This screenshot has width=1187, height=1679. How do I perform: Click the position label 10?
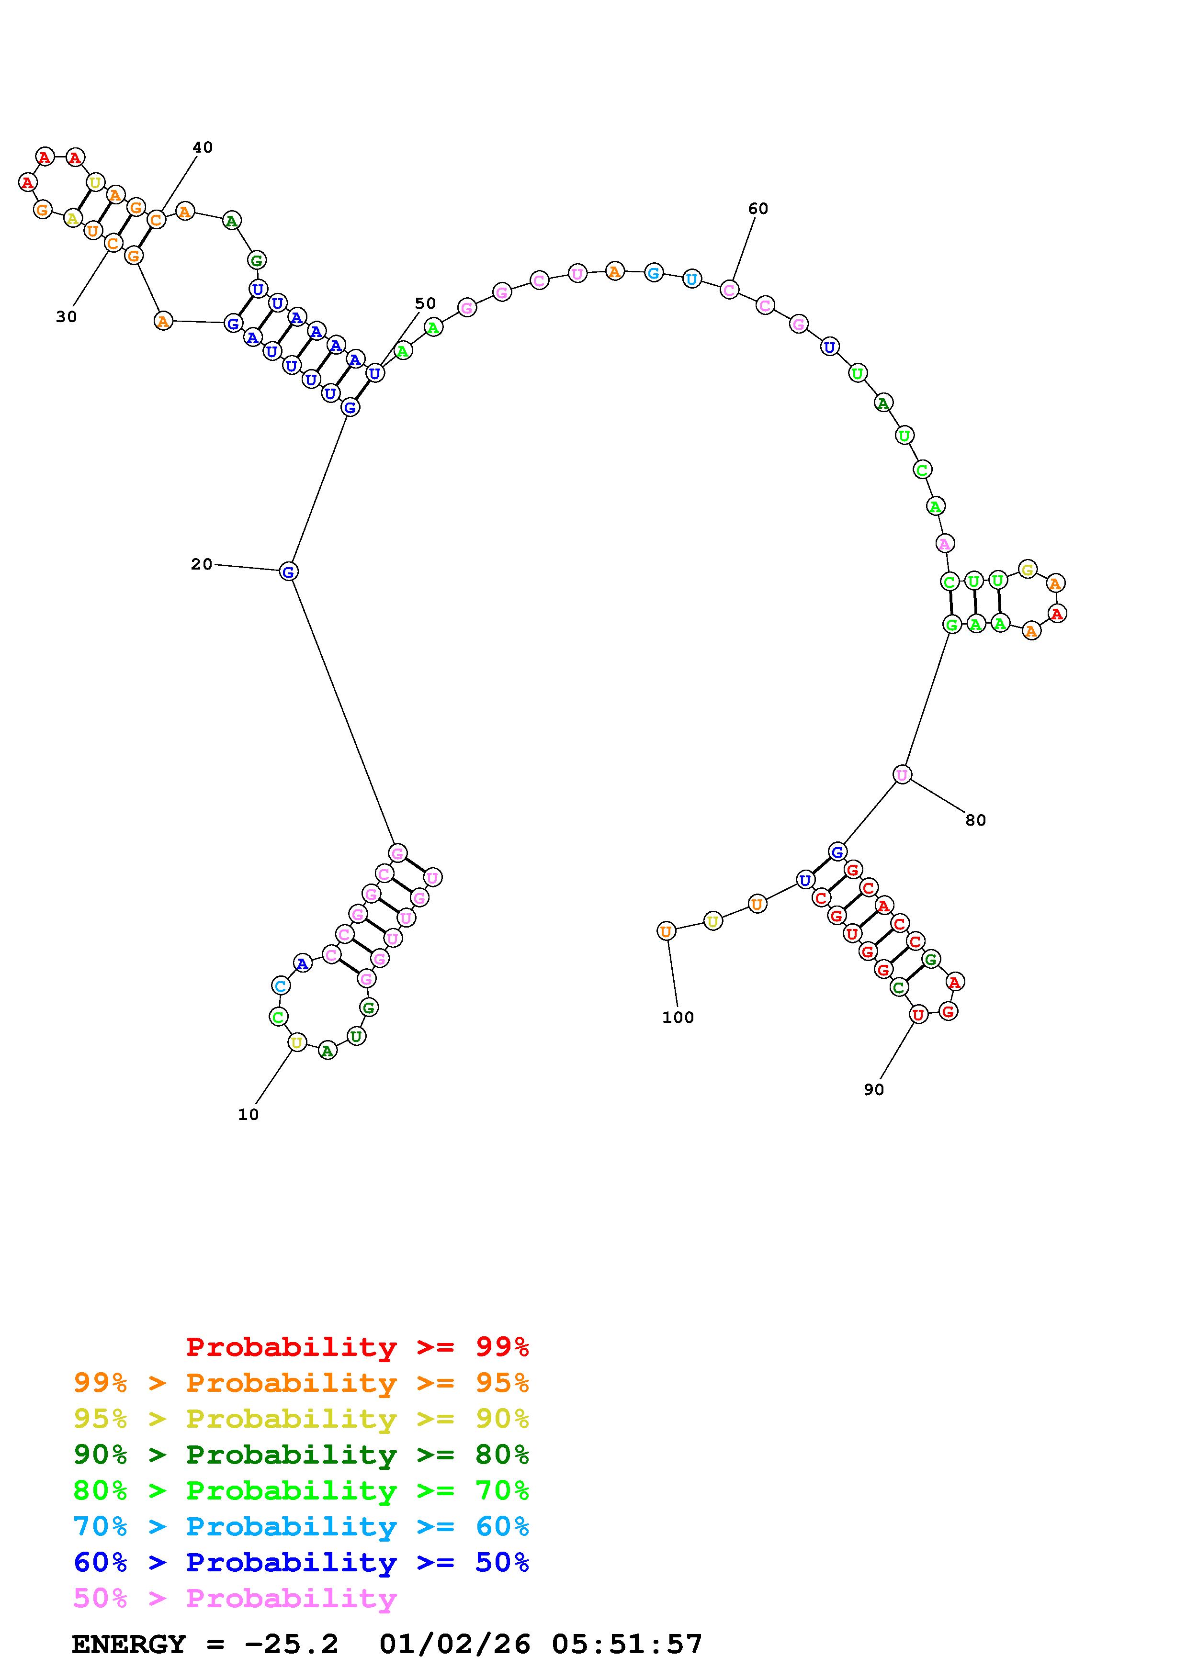coord(248,1114)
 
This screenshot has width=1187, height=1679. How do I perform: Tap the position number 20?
coord(201,564)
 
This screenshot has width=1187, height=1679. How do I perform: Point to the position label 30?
coord(66,317)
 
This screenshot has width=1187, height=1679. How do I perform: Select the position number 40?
coord(203,148)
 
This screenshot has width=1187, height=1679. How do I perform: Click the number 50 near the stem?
coord(425,303)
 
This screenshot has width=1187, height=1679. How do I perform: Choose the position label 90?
coord(873,1090)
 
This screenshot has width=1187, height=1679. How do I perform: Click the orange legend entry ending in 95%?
coord(301,1383)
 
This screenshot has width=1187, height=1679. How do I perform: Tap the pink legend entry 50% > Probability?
coord(235,1598)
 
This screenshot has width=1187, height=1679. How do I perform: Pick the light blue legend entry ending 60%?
coord(301,1526)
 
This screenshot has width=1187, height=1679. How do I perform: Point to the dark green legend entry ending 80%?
coord(301,1455)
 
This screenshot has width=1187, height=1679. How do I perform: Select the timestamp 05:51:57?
coord(627,1644)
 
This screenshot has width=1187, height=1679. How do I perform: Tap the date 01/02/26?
coord(455,1644)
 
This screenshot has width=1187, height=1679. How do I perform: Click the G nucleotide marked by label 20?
coord(288,572)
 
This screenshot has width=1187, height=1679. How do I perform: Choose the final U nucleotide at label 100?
coord(666,932)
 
